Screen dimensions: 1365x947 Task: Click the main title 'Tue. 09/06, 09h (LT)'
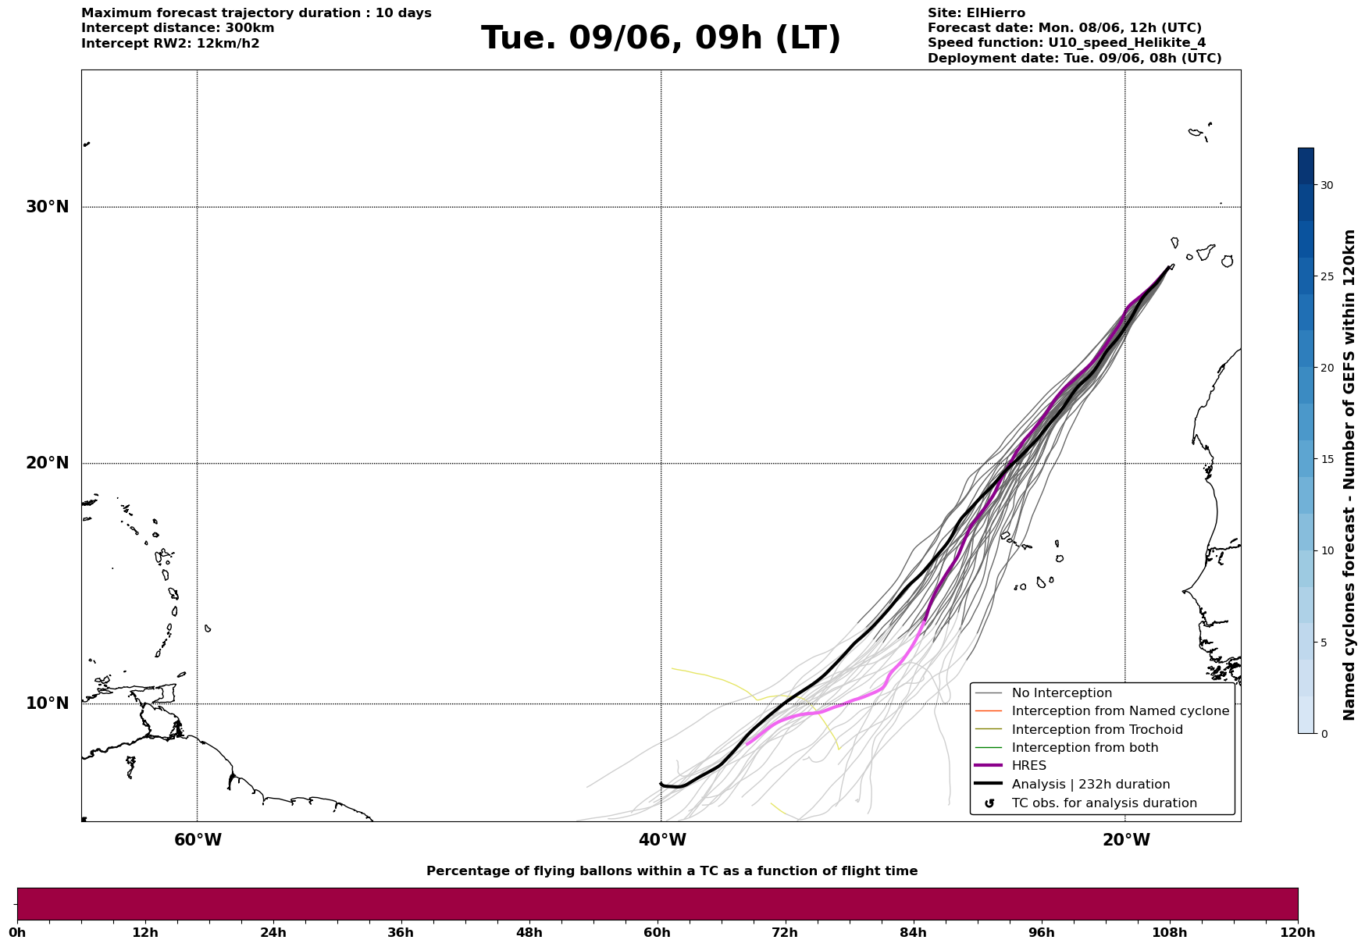click(x=661, y=38)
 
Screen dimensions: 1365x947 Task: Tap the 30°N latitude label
click(x=48, y=207)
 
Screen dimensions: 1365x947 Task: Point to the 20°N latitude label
click(x=48, y=463)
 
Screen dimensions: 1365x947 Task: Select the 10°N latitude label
click(x=48, y=703)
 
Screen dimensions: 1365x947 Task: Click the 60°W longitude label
click(x=198, y=840)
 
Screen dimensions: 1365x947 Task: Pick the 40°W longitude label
click(x=662, y=840)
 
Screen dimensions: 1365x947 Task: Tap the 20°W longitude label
click(x=1126, y=840)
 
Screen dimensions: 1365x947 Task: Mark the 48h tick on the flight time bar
click(x=529, y=932)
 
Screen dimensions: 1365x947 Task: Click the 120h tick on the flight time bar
click(x=1298, y=932)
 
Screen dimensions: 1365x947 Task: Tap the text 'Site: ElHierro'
click(x=976, y=13)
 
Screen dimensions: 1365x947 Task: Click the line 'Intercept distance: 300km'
click(x=178, y=28)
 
